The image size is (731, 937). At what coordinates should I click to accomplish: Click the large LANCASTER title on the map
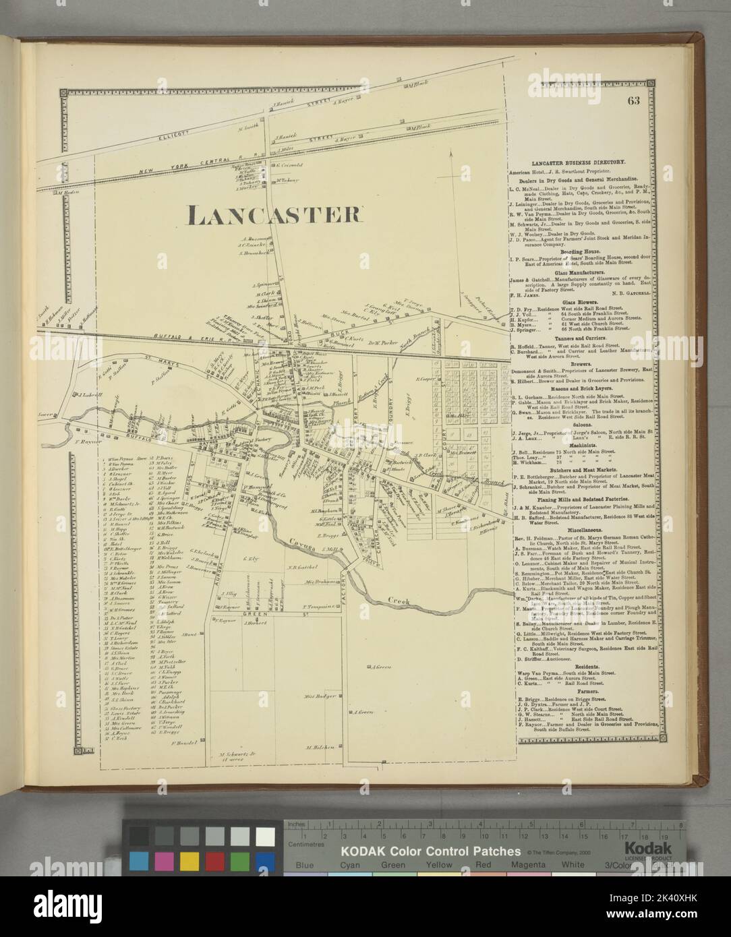pos(264,214)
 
